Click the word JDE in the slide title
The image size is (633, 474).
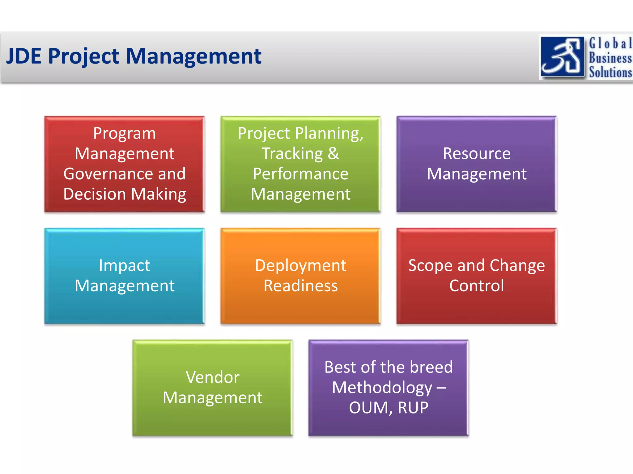[24, 56]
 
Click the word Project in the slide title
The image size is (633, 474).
[83, 57]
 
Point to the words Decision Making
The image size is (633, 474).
[125, 194]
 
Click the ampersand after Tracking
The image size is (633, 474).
[333, 153]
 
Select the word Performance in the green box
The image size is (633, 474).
[300, 174]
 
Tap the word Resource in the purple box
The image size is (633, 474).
[477, 153]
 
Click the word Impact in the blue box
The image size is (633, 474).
[124, 265]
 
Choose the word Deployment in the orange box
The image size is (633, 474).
[300, 265]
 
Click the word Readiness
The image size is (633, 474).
[300, 285]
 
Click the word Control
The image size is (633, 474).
[477, 285]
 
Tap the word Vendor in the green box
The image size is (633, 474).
[213, 377]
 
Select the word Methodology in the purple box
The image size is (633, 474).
[382, 388]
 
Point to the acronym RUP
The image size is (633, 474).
[413, 408]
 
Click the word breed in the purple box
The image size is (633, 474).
[431, 367]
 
